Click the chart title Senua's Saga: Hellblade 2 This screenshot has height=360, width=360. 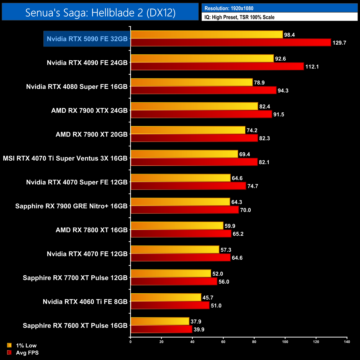pos(100,12)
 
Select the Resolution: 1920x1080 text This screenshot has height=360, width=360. pos(229,8)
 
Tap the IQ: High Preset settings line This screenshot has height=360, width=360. pos(239,17)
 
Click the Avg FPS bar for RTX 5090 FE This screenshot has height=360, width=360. pos(231,43)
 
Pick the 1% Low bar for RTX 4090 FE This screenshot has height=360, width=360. pos(202,58)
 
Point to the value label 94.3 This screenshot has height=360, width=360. pos(283,91)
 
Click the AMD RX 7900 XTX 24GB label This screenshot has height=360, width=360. pos(89,110)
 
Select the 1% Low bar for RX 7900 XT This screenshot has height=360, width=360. pos(188,130)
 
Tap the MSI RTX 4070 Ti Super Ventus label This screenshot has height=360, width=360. pos(65,158)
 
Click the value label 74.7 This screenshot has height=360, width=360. pos(253,186)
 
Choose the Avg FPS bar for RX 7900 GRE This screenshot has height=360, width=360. pos(185,210)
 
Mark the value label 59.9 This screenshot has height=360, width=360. pos(230,226)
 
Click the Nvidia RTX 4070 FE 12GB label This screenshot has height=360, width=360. pos(87,254)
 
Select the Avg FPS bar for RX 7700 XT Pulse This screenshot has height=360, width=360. pos(174,282)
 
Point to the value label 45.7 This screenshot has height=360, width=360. pos(208,298)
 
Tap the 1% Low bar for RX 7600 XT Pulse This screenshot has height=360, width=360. pos(160,321)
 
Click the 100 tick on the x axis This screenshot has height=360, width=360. pos(285,342)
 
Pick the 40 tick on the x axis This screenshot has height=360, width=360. pos(192,342)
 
